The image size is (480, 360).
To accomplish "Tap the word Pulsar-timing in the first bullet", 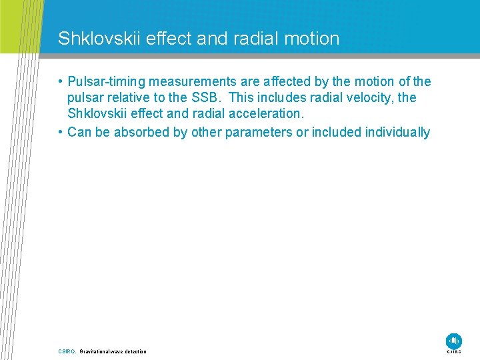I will coord(107,81).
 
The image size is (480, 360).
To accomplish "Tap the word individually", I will coord(397,132).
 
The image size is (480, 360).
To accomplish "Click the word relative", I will coord(126,98).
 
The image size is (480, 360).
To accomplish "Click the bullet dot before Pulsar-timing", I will coord(61,82).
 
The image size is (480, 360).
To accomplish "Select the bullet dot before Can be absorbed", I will coord(61,132).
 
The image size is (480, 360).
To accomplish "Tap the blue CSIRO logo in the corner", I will coord(454,341).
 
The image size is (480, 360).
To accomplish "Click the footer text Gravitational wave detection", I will coord(113,351).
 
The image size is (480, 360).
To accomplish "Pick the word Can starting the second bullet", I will coord(79,132).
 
